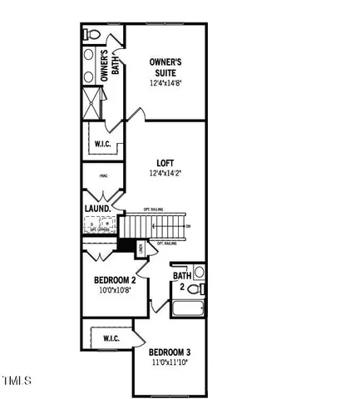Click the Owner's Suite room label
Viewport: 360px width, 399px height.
click(165, 67)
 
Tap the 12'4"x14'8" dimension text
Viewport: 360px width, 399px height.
click(165, 83)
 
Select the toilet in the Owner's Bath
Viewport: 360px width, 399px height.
click(92, 35)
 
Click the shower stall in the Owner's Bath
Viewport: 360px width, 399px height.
click(91, 102)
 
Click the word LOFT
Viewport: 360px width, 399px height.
click(165, 163)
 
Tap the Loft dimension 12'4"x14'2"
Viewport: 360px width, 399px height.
click(165, 174)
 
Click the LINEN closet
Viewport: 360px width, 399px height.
click(141, 248)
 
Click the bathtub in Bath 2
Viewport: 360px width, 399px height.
click(189, 310)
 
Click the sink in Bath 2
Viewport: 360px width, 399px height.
click(200, 272)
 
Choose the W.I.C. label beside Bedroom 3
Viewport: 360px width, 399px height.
click(111, 338)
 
